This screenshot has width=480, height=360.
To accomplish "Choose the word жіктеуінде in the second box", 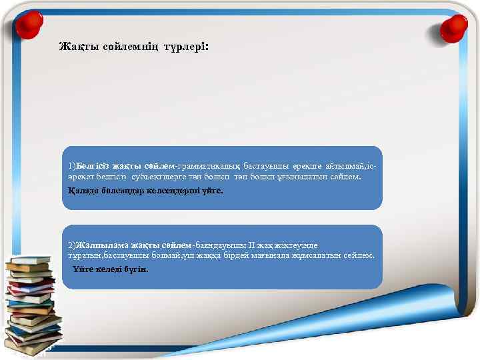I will pos(301,245).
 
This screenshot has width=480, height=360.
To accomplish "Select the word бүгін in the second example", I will pos(137,270).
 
